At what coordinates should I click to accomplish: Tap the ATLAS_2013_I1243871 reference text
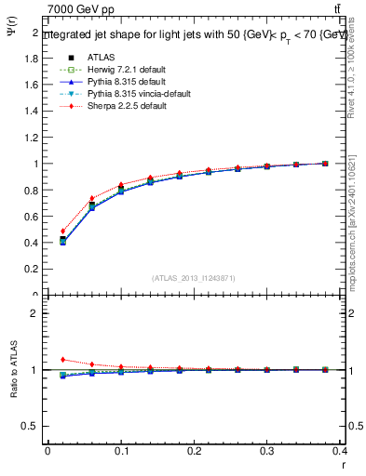[193, 278]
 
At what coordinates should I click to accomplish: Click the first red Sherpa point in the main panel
[62, 231]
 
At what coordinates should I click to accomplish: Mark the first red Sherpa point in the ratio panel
[62, 359]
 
